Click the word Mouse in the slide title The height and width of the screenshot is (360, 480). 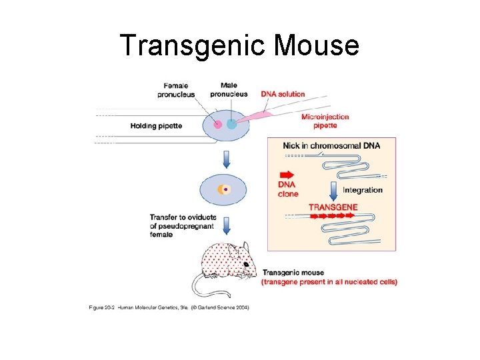pos(316,45)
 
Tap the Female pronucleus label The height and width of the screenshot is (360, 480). pos(176,89)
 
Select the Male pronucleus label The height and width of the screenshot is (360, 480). pos(229,89)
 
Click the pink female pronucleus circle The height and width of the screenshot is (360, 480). pos(218,124)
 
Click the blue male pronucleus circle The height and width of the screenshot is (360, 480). pos(231,124)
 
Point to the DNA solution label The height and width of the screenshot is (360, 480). pos(283,94)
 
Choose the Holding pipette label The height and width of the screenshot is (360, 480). pos(156,125)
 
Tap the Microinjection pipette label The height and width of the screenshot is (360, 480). pos(325,121)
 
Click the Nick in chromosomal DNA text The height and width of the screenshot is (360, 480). pos(331,145)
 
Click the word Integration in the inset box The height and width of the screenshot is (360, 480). pos(363,190)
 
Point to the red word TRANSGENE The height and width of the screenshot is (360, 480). pos(333,207)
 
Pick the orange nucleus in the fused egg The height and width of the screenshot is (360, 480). pos(221,190)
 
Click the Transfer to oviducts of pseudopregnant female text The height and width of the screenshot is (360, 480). pos(181,225)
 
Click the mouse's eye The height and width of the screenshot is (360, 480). pos(245,265)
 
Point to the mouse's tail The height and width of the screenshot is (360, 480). pos(200,287)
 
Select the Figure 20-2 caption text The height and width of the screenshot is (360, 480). pos(169,308)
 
